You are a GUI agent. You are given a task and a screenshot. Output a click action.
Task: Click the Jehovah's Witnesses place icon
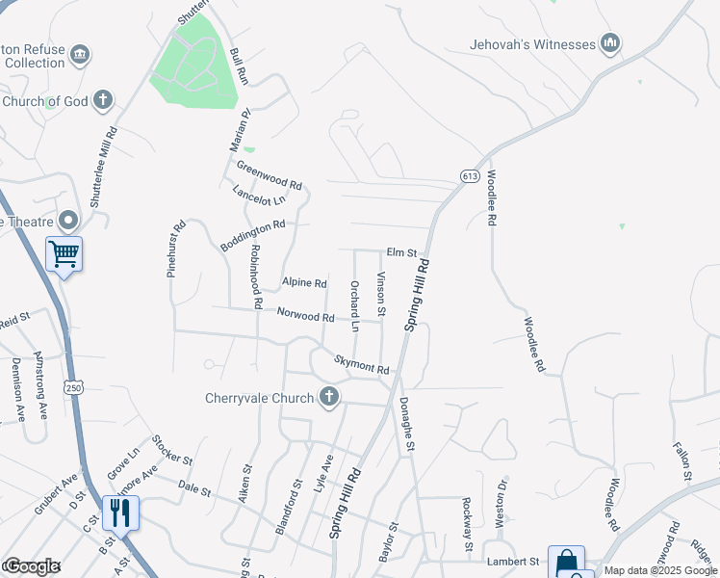coord(609,43)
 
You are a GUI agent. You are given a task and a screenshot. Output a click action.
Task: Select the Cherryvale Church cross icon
coord(329,397)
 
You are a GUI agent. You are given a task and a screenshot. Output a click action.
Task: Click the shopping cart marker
coord(64,255)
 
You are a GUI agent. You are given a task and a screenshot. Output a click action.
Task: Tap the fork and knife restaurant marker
coord(120,512)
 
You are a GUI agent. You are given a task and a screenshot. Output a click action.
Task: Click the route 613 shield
coord(470,176)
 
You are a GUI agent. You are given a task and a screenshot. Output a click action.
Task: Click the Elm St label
coord(400,253)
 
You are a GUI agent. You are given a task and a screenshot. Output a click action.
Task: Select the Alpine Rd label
coord(304,283)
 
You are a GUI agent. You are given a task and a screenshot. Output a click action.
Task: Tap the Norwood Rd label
coord(305,315)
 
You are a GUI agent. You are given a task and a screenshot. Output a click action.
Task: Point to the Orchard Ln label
coord(354,306)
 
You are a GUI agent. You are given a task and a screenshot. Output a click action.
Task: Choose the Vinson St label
coord(381,295)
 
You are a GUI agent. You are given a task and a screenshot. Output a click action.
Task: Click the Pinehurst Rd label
coord(177,250)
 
